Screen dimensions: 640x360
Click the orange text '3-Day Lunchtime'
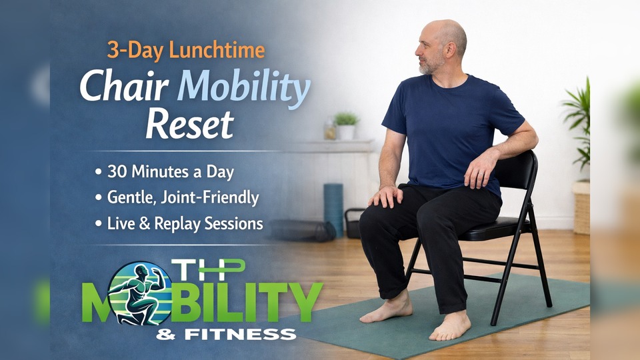point(186,51)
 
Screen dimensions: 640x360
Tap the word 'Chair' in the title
point(124,87)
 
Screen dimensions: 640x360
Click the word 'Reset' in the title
point(190,124)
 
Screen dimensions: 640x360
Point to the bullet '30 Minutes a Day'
point(165,172)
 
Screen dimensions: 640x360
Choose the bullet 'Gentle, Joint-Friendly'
point(177,198)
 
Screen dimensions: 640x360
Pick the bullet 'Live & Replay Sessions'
point(179,224)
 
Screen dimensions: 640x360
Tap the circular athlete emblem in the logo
point(139,293)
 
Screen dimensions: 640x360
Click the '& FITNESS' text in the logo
point(226,335)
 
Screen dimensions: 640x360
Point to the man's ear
point(451,49)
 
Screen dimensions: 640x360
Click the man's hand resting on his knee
point(385,197)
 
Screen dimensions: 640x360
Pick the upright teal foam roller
point(333,209)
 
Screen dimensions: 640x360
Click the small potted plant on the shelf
point(346,126)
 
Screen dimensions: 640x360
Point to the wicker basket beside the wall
point(581,208)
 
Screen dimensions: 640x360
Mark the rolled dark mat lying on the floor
point(303,231)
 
